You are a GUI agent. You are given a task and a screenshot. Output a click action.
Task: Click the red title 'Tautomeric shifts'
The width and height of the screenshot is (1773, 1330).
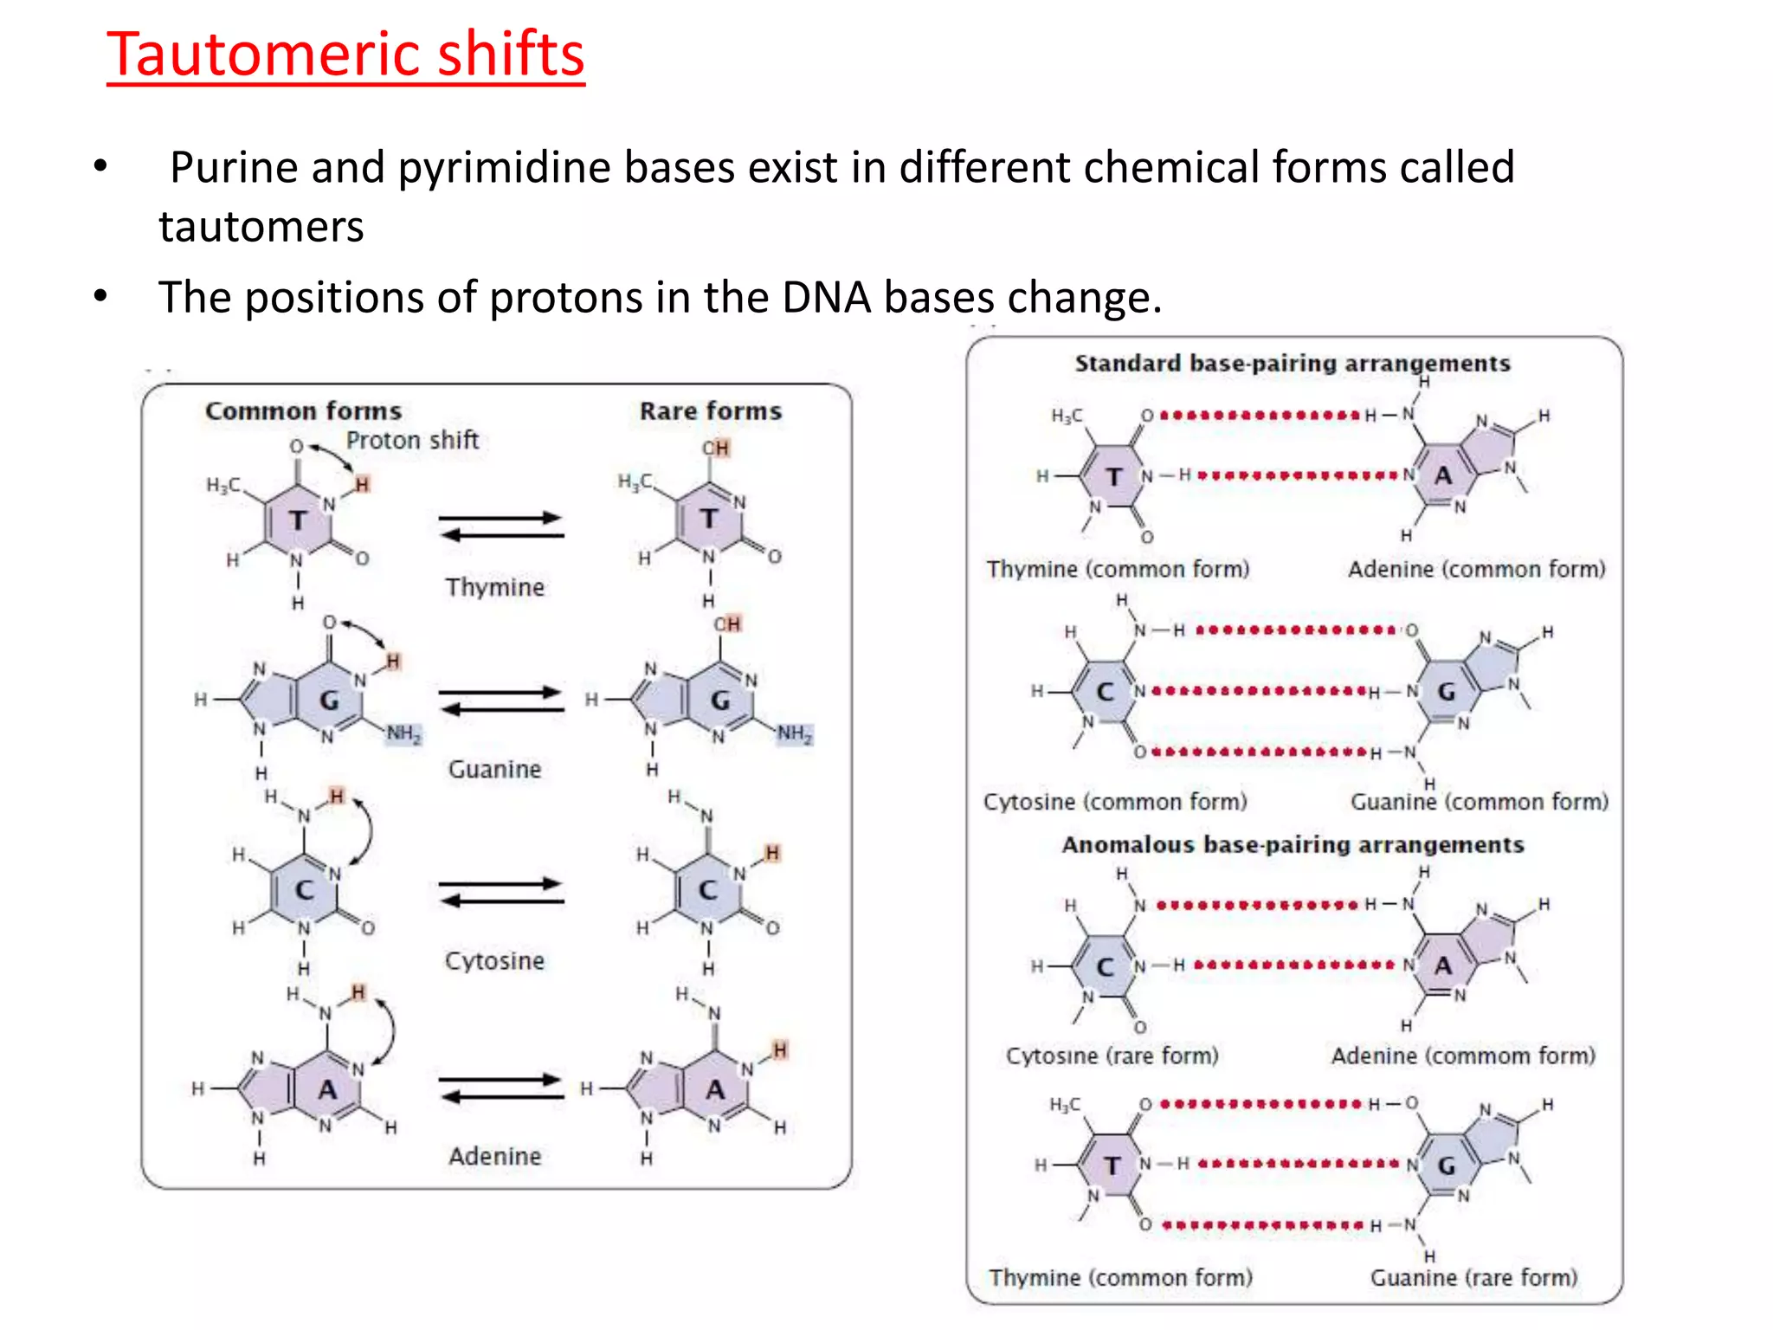click(x=345, y=54)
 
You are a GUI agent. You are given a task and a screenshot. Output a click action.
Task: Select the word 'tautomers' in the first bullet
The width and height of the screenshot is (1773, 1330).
click(x=261, y=227)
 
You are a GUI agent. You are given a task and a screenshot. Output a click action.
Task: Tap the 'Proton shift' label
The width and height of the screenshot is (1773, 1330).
click(x=412, y=440)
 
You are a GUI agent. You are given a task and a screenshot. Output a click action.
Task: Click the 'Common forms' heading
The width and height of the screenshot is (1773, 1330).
click(x=303, y=410)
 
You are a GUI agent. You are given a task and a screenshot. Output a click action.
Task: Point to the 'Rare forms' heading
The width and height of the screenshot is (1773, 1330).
click(x=710, y=410)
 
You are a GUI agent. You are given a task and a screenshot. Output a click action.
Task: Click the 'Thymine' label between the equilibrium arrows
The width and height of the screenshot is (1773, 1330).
click(x=494, y=587)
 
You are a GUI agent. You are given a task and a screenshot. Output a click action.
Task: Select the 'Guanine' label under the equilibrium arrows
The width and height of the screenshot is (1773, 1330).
click(x=494, y=769)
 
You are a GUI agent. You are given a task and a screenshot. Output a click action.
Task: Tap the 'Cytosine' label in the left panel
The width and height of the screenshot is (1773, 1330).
click(x=494, y=960)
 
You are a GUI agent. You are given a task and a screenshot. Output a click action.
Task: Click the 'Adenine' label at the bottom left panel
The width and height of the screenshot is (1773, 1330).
click(x=494, y=1156)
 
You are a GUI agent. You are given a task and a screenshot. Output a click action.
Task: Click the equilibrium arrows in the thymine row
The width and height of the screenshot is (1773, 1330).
click(x=500, y=526)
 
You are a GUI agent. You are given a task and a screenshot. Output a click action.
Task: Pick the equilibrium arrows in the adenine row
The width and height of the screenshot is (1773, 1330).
click(x=500, y=1088)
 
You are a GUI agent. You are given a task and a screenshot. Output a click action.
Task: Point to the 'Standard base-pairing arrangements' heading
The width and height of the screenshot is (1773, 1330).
click(x=1292, y=363)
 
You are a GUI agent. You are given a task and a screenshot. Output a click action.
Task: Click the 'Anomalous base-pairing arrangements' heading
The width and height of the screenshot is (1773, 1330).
click(x=1292, y=844)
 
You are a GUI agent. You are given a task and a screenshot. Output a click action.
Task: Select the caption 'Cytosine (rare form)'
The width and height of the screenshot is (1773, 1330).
click(x=1112, y=1056)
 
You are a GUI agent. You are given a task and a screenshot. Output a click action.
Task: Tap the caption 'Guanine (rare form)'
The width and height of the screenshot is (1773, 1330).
click(x=1473, y=1277)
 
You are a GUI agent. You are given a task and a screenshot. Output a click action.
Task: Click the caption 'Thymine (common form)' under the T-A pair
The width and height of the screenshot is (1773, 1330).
click(x=1118, y=569)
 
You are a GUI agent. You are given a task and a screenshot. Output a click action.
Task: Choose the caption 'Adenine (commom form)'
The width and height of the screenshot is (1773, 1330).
click(x=1463, y=1056)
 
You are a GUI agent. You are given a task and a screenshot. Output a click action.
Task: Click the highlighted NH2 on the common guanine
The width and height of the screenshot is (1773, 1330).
click(x=403, y=734)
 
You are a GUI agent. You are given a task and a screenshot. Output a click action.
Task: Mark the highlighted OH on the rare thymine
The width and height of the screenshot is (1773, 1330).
click(x=716, y=448)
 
